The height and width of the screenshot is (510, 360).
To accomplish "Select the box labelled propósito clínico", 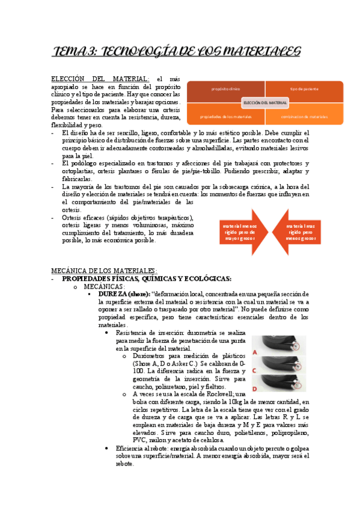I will coord(225,89).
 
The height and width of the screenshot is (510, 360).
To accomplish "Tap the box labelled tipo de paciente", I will coord(304,89).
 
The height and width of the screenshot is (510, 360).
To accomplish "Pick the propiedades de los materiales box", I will coord(225,116).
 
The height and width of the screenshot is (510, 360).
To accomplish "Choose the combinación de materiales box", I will coord(304,116).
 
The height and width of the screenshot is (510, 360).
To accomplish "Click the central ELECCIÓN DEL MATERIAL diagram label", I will coord(265,103).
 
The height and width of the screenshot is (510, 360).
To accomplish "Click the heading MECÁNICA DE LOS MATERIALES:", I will coord(104,270).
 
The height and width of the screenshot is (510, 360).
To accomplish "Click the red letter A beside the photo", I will coord(255,352).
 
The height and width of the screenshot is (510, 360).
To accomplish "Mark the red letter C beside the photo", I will coord(255,371).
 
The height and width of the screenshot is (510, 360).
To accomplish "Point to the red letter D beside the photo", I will coord(255,389).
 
